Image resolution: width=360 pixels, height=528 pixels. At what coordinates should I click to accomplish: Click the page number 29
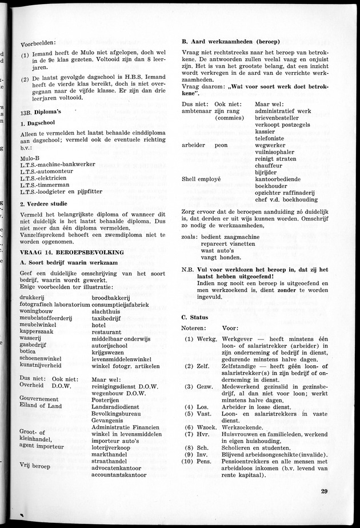click(x=324, y=491)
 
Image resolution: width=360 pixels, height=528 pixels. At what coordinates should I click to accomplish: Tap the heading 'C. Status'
click(x=194, y=317)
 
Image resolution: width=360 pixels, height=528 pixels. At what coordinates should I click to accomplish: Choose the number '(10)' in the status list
click(x=188, y=460)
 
